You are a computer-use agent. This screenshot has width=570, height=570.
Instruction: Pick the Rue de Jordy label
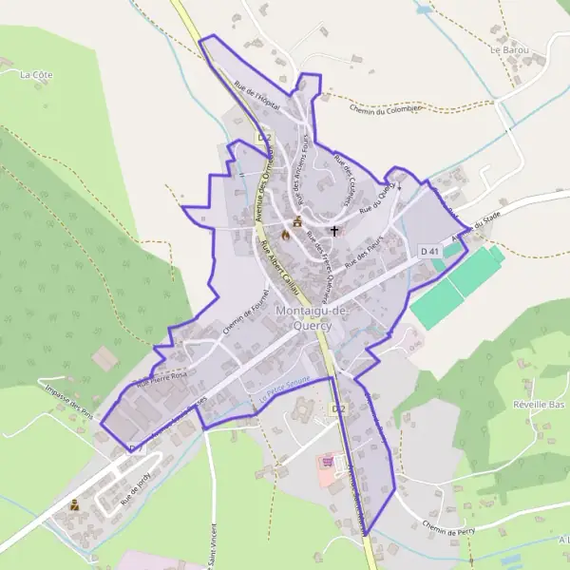point(136,488)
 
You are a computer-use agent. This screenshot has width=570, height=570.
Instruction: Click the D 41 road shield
point(429,251)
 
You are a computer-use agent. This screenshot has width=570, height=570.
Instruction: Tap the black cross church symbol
point(333,230)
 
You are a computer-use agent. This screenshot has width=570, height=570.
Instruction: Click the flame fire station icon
point(283,233)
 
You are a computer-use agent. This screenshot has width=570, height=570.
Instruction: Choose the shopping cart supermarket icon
point(330,461)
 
